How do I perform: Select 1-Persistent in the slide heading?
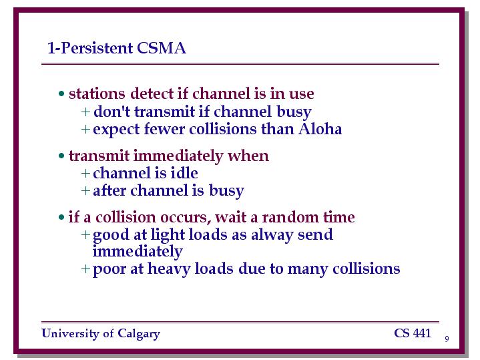coord(90,48)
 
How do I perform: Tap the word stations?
coord(97,94)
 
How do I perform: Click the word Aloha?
coord(320,129)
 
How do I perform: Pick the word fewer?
coord(164,129)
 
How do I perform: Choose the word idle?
coord(184,173)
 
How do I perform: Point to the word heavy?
coord(169,269)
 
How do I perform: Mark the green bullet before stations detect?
coord(61,94)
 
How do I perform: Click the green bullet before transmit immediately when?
coord(61,156)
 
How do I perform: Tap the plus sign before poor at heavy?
coord(85,269)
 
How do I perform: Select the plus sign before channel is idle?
coord(85,174)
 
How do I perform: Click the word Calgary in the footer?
coord(139,334)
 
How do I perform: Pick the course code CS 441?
coord(413,333)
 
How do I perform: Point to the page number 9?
coord(447,339)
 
